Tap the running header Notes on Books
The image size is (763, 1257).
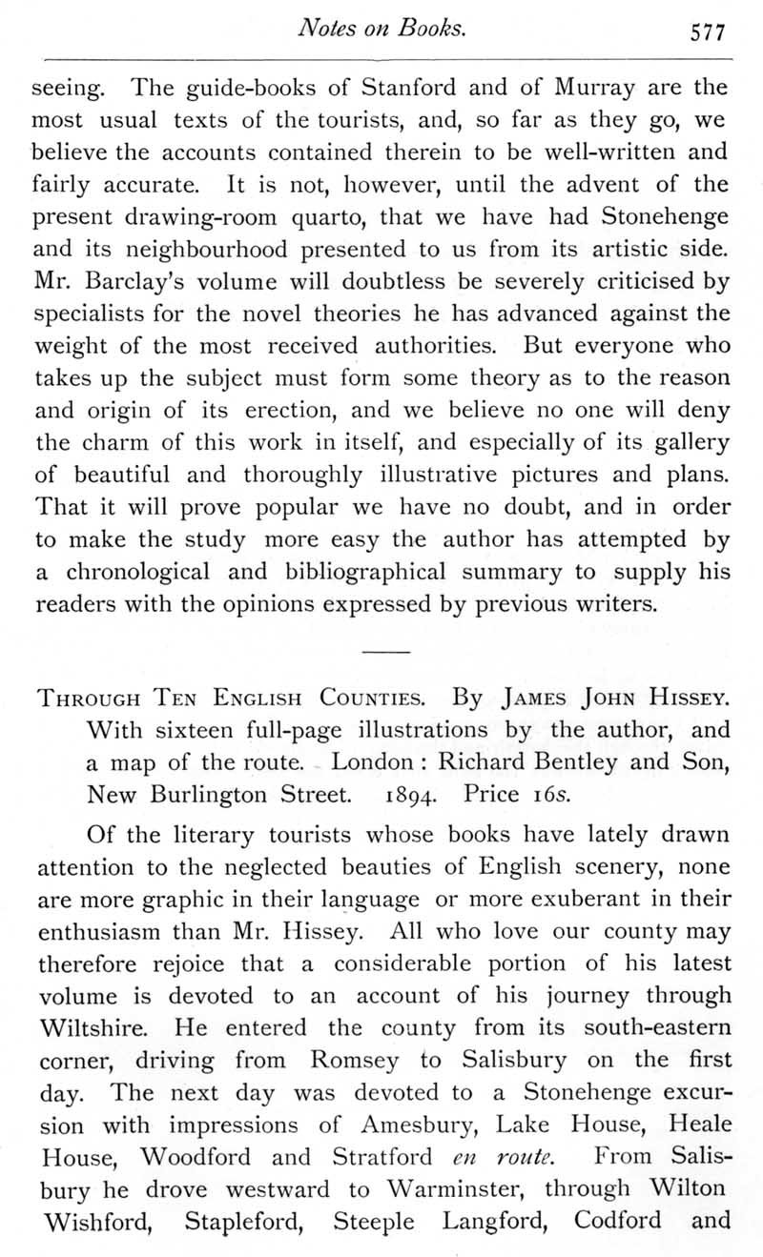click(381, 29)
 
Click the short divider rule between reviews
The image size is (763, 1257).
click(384, 651)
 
